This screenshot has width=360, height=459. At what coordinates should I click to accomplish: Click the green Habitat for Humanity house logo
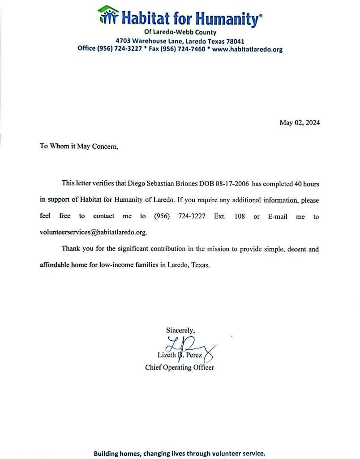tap(108, 15)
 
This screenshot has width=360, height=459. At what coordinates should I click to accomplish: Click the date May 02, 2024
tap(300, 123)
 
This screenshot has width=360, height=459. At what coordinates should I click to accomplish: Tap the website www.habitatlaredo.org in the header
tap(247, 49)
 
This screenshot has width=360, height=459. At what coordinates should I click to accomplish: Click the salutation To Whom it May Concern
tap(79, 146)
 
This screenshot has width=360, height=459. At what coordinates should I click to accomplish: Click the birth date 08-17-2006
tap(231, 184)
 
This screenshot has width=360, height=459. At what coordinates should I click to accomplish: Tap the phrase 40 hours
tap(306, 184)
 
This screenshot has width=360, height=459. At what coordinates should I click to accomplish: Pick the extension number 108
tap(240, 217)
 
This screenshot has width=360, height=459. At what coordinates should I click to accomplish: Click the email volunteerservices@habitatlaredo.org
tap(93, 233)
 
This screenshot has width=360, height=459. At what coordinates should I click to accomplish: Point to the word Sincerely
tap(180, 330)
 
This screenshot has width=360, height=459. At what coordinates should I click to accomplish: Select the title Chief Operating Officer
tap(180, 368)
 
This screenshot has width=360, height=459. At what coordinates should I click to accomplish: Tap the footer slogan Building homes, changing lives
tap(179, 453)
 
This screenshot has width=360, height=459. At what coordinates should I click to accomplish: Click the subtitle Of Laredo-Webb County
tap(180, 32)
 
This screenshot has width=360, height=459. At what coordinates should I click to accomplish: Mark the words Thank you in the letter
tap(76, 249)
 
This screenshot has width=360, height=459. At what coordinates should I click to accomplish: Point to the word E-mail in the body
tap(277, 217)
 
